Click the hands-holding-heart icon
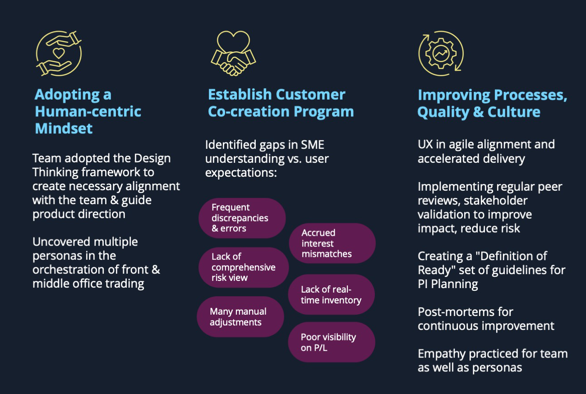point(59,53)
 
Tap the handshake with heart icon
point(233,54)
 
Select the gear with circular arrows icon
point(440,53)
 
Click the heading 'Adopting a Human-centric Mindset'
point(88,111)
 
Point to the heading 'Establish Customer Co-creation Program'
point(281,103)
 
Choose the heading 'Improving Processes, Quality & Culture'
point(492,103)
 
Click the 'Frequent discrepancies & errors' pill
point(242,218)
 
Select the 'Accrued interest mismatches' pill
point(332,243)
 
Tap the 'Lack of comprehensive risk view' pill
point(244,267)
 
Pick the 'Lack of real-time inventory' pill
point(332,295)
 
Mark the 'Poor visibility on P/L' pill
point(332,342)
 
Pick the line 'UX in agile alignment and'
point(486,145)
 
